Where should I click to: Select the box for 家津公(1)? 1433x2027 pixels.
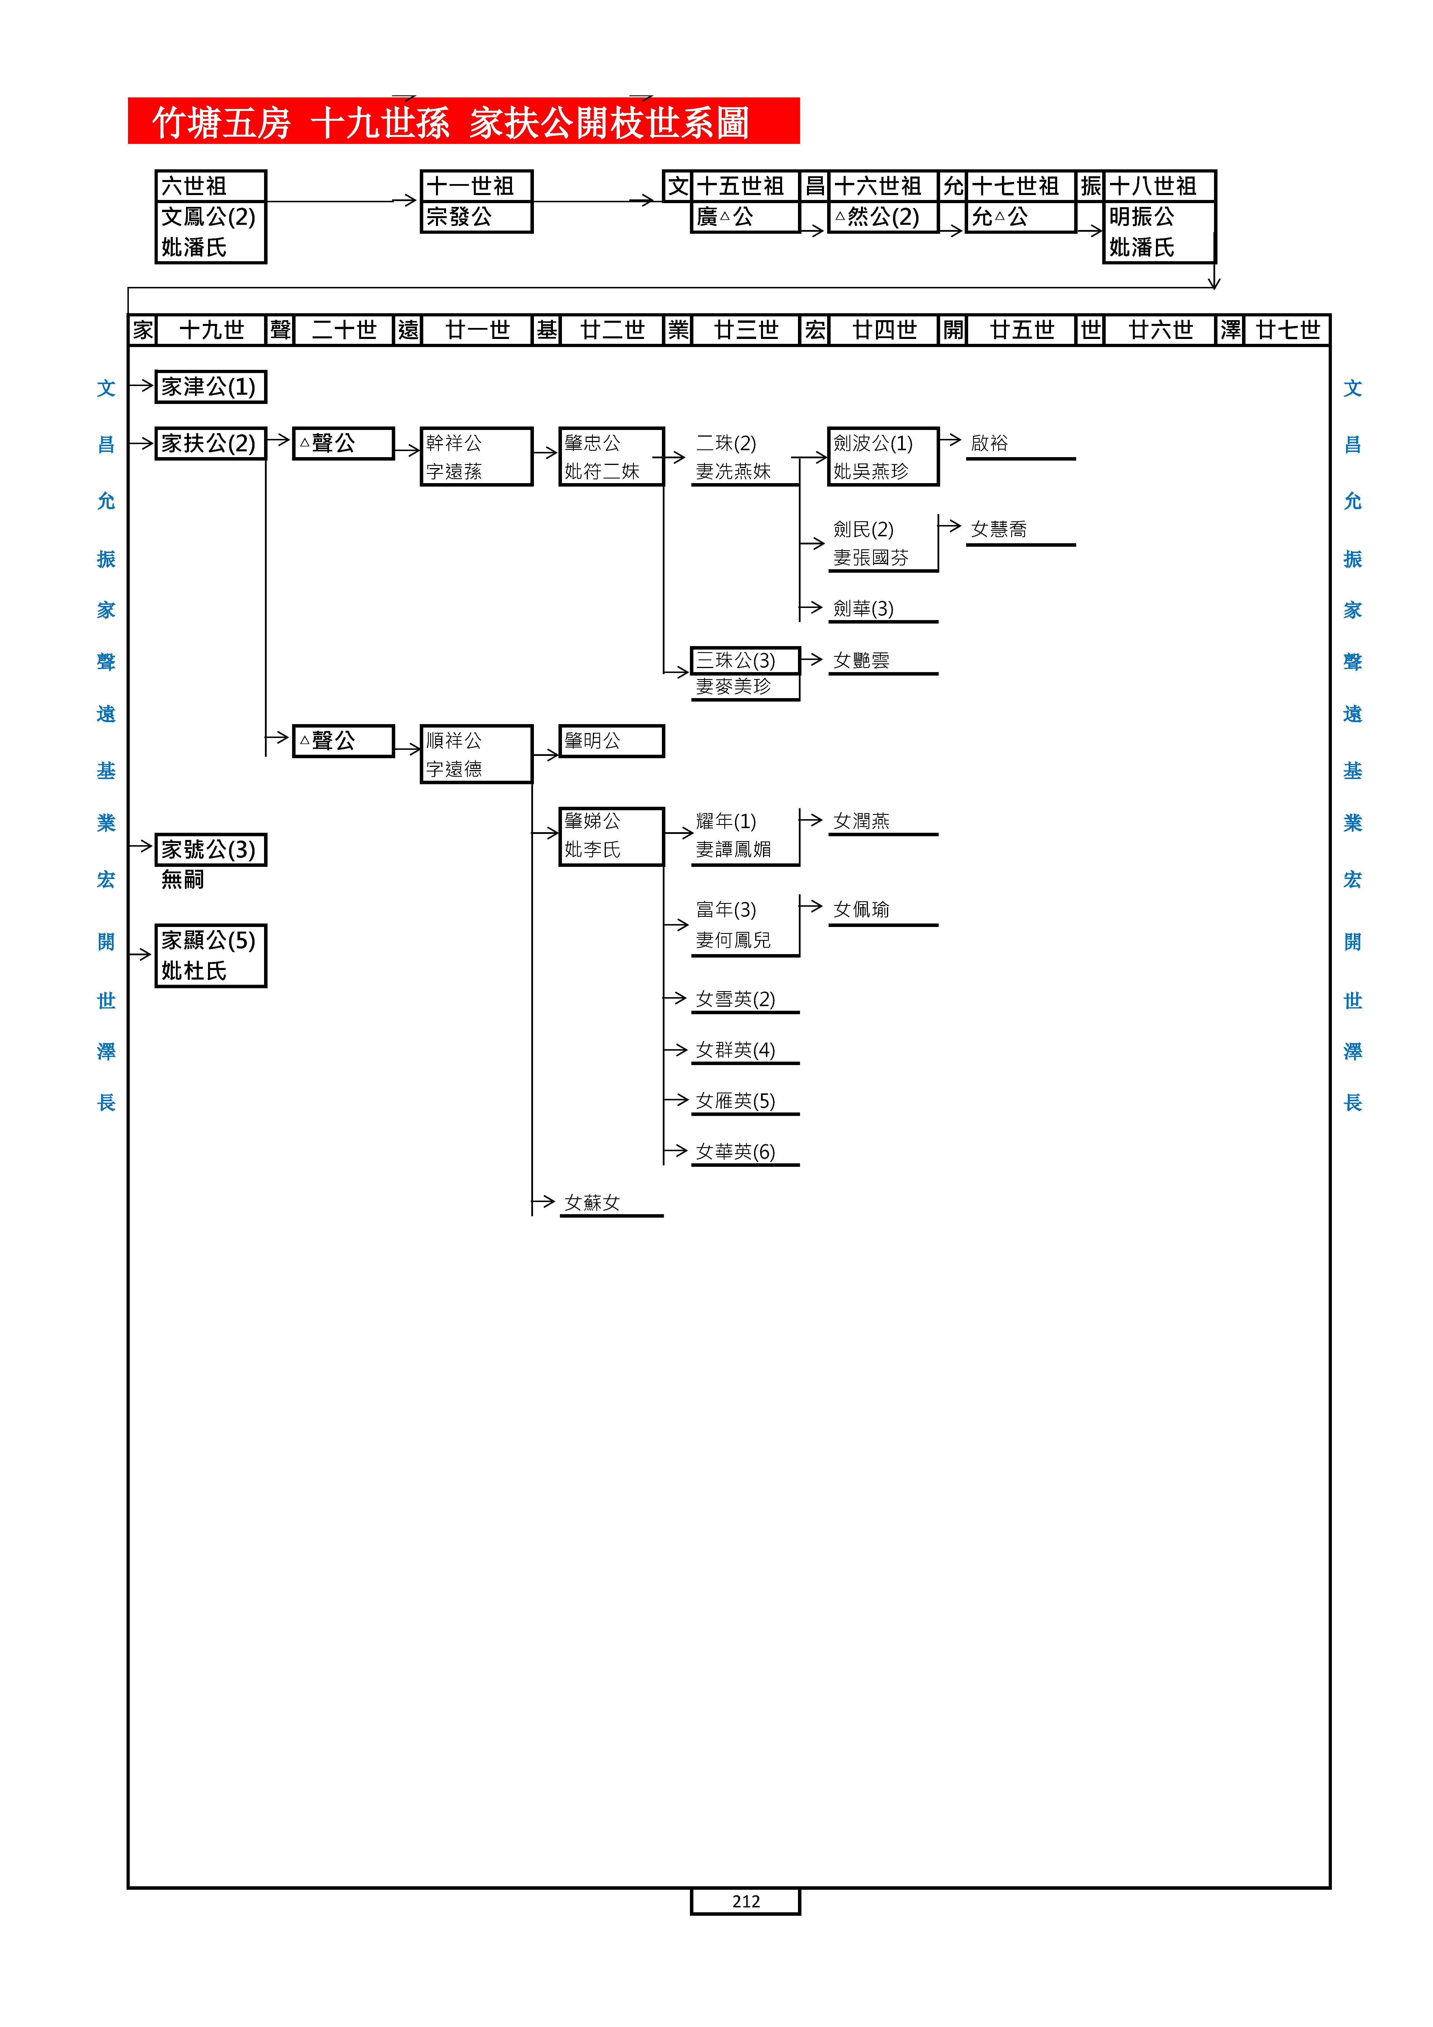[210, 387]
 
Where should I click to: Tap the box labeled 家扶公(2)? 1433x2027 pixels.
[210, 443]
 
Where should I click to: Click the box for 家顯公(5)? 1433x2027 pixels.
[210, 955]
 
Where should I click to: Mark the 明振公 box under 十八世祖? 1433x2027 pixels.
[1159, 231]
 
